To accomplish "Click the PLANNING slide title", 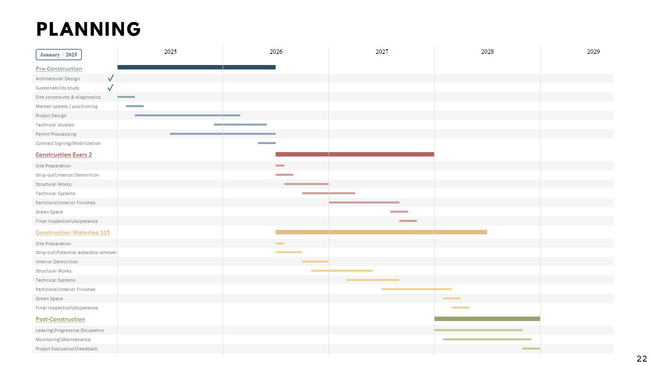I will click(x=88, y=29).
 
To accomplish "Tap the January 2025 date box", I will click(x=59, y=55).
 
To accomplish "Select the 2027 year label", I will click(x=382, y=52).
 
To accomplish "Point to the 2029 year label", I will click(x=593, y=52).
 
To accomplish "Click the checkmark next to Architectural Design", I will click(x=110, y=78).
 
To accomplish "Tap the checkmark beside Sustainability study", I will click(x=110, y=87).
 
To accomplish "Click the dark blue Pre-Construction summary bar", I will click(x=196, y=67).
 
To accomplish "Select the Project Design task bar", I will click(x=187, y=116).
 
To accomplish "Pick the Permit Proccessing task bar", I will click(x=223, y=134).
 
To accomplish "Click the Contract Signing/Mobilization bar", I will click(x=266, y=143).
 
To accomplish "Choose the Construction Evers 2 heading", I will click(x=63, y=155).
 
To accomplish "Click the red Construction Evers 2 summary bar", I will click(x=355, y=155).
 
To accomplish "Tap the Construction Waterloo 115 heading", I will click(x=73, y=232).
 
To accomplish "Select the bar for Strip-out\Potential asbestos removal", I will click(x=288, y=252).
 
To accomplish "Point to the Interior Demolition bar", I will click(x=315, y=262).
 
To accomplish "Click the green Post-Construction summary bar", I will click(x=487, y=319).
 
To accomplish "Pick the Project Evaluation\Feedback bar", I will click(x=531, y=349).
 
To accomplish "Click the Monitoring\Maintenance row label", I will click(x=63, y=340).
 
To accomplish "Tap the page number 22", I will click(x=641, y=359).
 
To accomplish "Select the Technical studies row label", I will click(x=55, y=125).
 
